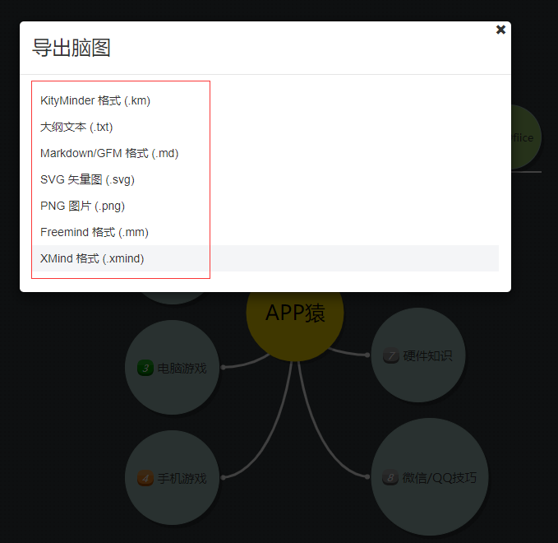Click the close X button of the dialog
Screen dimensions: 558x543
pyautogui.click(x=500, y=30)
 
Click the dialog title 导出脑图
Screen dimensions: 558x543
pyautogui.click(x=71, y=48)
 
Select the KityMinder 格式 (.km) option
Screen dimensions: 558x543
pyautogui.click(x=95, y=100)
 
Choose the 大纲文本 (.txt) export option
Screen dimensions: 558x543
pyautogui.click(x=76, y=127)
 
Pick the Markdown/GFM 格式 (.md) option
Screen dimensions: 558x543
pyautogui.click(x=109, y=153)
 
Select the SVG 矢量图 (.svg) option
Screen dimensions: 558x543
pyautogui.click(x=87, y=179)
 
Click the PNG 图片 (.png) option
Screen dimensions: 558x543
pyautogui.click(x=82, y=206)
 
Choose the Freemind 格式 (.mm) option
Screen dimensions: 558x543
pyautogui.click(x=95, y=232)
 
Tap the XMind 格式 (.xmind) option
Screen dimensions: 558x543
pyautogui.click(x=92, y=258)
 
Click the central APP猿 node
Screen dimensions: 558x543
pyautogui.click(x=295, y=313)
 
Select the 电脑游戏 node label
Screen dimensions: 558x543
pyautogui.click(x=182, y=368)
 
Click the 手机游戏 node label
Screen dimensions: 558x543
pyautogui.click(x=182, y=478)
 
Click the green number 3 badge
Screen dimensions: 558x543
pyautogui.click(x=145, y=368)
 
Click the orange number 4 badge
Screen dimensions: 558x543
pyautogui.click(x=145, y=478)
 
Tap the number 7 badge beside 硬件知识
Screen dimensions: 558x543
pyautogui.click(x=390, y=356)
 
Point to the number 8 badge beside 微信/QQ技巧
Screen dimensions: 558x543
pyautogui.click(x=390, y=477)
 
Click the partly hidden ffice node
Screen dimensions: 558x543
pyautogui.click(x=523, y=138)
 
